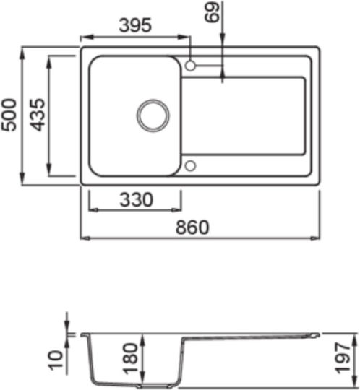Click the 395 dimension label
pyautogui.click(x=135, y=25)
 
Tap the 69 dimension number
pyautogui.click(x=212, y=12)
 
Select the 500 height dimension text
pyautogui.click(x=9, y=115)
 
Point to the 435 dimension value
pyautogui.click(x=38, y=115)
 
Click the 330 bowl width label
pyautogui.click(x=136, y=199)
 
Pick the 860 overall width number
pyautogui.click(x=192, y=227)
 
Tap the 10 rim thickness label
pyautogui.click(x=56, y=360)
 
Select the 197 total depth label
pyautogui.click(x=343, y=358)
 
